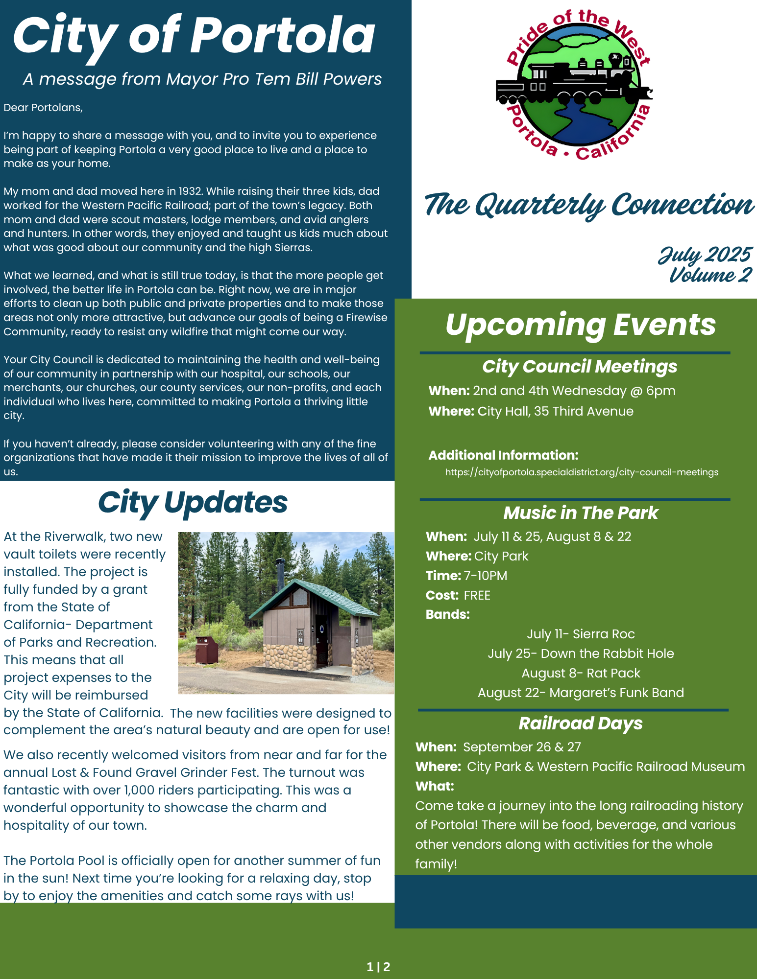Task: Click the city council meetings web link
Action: (582, 472)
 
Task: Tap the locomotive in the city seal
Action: (573, 83)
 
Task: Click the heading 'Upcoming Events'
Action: (580, 325)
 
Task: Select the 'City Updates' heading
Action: (193, 503)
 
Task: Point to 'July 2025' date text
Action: (704, 255)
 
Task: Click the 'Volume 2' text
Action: (710, 275)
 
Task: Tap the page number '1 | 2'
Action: (378, 967)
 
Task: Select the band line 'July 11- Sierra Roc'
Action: (581, 634)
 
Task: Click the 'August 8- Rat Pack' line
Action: (581, 673)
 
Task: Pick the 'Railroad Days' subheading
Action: (581, 723)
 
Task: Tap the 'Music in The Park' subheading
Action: (581, 513)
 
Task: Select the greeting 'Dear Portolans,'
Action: (43, 108)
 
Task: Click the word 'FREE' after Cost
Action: (477, 595)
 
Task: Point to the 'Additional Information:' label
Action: (503, 455)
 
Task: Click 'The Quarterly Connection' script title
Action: (588, 205)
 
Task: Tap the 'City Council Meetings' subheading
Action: (580, 367)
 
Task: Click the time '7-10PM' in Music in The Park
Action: (485, 576)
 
